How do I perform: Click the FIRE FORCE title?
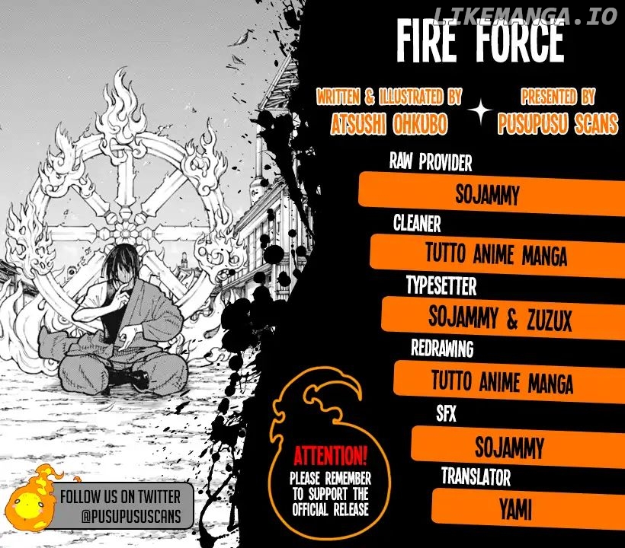(480, 41)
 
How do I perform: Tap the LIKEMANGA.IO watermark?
(524, 16)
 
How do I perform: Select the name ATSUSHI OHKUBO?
(389, 124)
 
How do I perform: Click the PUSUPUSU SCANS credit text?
(558, 123)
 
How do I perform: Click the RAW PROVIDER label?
(431, 162)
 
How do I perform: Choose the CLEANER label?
(417, 223)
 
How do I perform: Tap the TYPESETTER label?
(441, 285)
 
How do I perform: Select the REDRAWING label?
(442, 349)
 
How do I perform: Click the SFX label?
(446, 413)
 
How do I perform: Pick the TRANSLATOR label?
(476, 476)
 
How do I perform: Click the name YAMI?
(515, 510)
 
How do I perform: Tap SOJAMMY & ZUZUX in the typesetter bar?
(500, 319)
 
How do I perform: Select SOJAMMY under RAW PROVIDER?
(487, 194)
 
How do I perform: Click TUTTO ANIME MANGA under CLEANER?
(496, 254)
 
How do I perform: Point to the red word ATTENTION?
(331, 456)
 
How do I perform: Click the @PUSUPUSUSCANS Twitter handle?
(131, 516)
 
